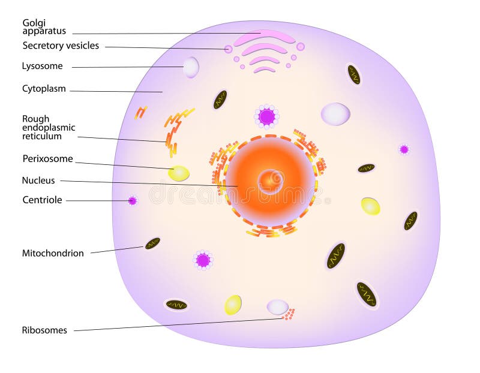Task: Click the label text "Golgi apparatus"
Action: pos(44,27)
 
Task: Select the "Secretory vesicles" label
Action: pos(61,46)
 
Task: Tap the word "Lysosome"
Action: pos(42,66)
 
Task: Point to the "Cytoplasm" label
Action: pos(44,89)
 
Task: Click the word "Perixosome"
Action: pos(48,158)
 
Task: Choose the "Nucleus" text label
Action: pos(38,181)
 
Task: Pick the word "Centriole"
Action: pos(42,200)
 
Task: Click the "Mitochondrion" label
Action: pos(53,253)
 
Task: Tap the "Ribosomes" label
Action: pos(44,330)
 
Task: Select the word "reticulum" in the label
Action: pos(42,136)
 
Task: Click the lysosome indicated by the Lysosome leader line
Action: pos(191,67)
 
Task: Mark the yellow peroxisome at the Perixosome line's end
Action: pos(178,173)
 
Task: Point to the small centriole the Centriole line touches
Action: pos(132,201)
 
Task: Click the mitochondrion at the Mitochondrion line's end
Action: pos(152,243)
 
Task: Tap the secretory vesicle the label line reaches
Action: pos(228,49)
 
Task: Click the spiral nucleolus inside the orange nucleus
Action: pos(271,182)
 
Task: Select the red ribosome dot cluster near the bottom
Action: pos(289,314)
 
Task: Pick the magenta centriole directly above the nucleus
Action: pos(266,116)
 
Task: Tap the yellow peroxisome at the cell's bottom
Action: pos(233,305)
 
